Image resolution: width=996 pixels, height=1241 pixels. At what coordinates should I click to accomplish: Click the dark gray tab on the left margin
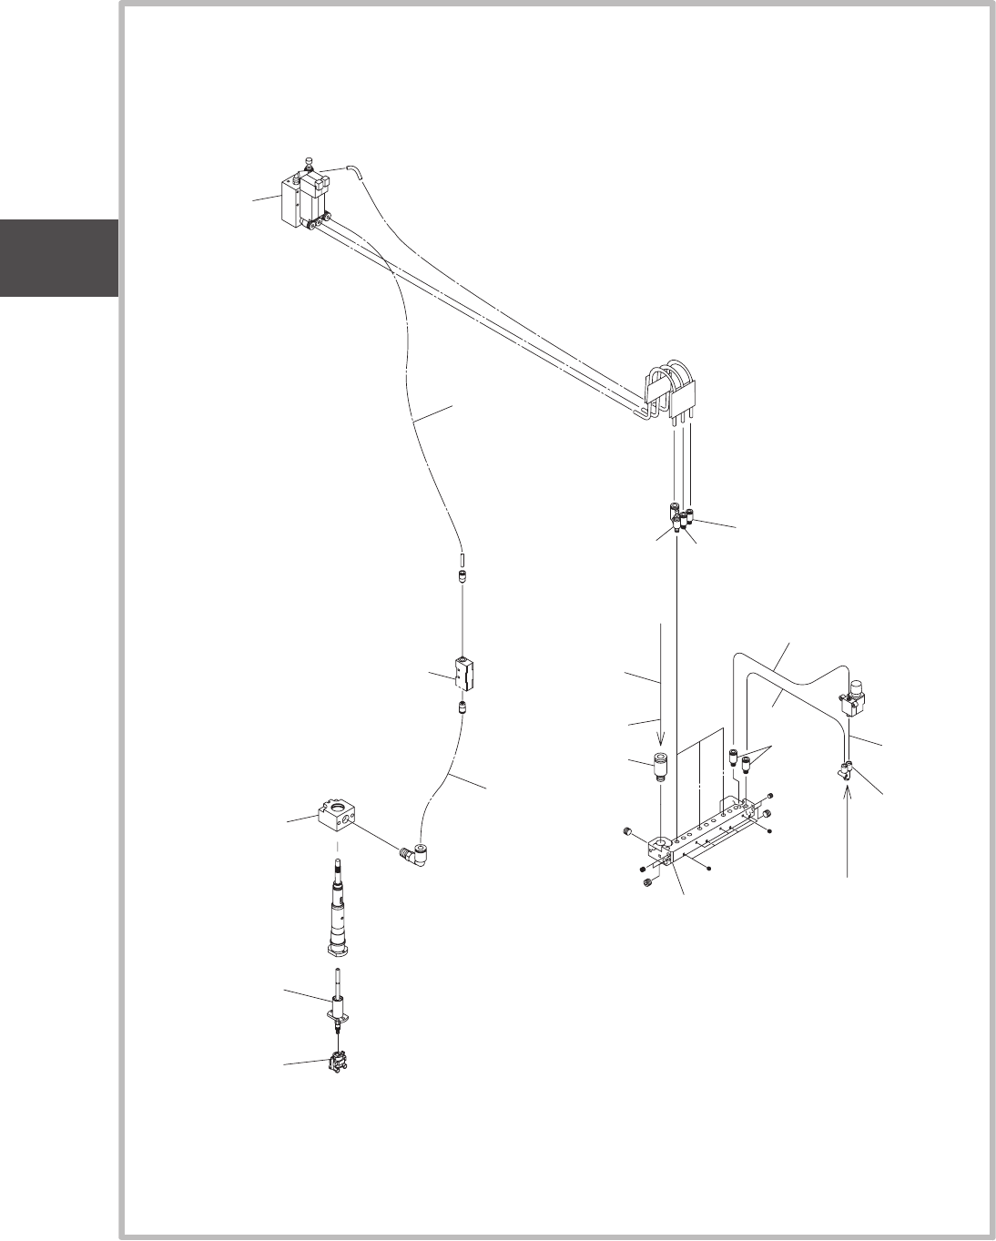tap(58, 258)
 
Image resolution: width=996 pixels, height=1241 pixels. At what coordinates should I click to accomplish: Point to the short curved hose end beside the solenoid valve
tap(353, 170)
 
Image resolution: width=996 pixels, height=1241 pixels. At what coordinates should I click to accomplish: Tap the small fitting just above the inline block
tap(463, 576)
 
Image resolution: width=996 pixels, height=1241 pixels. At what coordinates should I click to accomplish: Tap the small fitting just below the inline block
tap(463, 707)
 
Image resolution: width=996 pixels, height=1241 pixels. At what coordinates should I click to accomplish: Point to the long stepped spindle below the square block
tap(339, 910)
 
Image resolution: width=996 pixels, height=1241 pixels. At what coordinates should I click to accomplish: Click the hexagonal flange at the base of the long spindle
tap(339, 950)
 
